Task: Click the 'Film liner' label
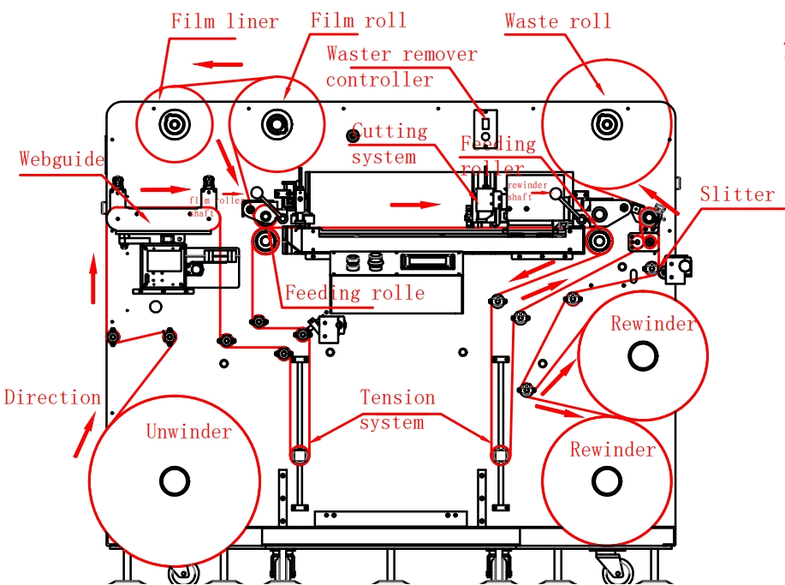coord(224,21)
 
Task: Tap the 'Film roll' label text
coord(358,20)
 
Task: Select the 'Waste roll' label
coord(557,21)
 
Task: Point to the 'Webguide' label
coord(62,159)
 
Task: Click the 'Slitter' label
coord(737,194)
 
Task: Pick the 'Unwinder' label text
coord(188,431)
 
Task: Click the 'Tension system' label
coord(397,409)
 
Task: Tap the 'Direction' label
coord(52,397)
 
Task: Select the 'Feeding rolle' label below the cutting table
coord(354,293)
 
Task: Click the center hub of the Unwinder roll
coord(174,481)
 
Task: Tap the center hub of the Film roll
coord(277,123)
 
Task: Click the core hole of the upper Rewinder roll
coord(642,355)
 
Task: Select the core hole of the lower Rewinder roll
coord(607,481)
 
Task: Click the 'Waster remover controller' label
coord(401,67)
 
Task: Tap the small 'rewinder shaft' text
coord(527,190)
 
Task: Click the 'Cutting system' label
coord(389,144)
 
